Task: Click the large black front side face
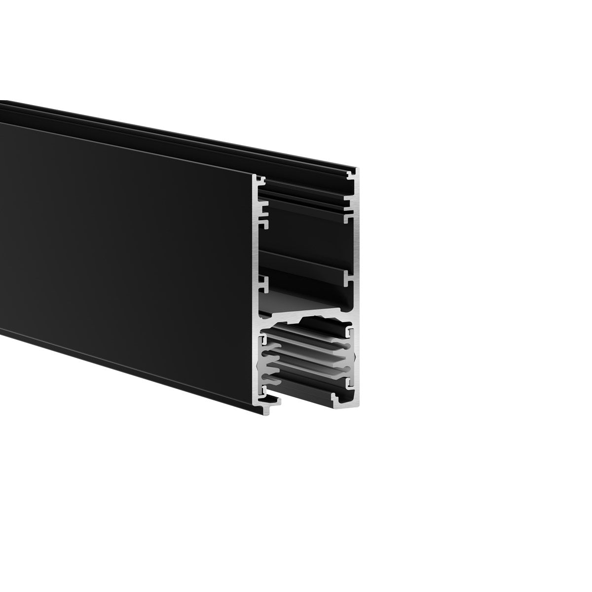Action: (123, 247)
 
